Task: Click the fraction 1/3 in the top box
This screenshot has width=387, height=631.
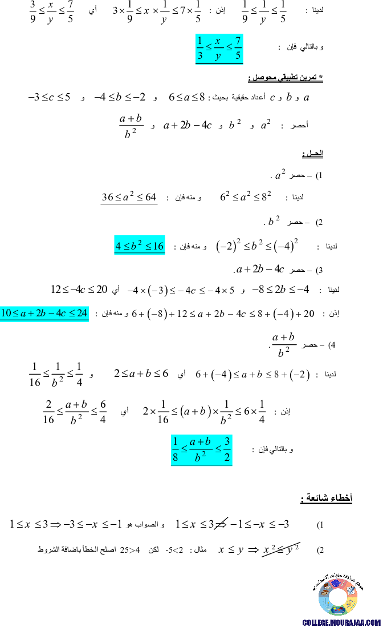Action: (x=199, y=49)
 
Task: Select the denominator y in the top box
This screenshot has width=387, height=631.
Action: (x=218, y=56)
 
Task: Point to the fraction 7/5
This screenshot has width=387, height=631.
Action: (x=238, y=49)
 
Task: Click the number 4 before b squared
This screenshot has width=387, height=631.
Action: (x=118, y=246)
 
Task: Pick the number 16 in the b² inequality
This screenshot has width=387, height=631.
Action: (x=158, y=246)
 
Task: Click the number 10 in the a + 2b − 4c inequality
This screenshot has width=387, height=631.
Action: (x=6, y=313)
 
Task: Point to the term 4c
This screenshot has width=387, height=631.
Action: (x=62, y=313)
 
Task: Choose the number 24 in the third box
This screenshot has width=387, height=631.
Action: (x=82, y=313)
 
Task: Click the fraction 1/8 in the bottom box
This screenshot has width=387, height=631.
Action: (x=176, y=449)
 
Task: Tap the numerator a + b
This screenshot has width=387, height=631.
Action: (x=201, y=441)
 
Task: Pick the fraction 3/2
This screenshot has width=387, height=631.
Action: (x=227, y=449)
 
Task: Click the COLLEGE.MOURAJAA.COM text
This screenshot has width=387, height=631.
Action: (x=341, y=623)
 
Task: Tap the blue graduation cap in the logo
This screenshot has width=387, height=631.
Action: (x=336, y=584)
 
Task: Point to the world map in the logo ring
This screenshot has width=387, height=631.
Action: (x=337, y=610)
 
